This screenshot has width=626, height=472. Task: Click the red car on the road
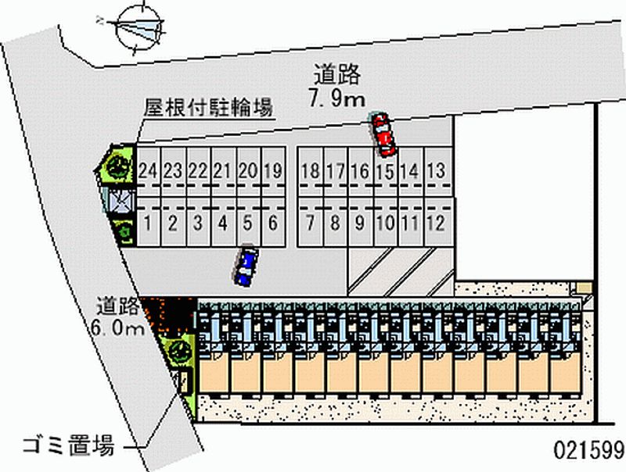click(383, 134)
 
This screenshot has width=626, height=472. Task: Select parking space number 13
click(437, 170)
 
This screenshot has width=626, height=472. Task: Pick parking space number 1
click(149, 223)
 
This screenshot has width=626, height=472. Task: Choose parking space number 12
click(437, 223)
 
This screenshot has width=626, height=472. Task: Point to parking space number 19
click(273, 170)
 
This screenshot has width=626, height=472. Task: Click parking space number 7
click(311, 223)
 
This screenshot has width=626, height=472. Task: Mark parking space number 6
click(273, 223)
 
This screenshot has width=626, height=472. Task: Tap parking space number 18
click(311, 170)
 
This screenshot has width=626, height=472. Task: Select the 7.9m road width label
click(337, 98)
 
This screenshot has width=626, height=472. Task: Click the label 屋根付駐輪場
click(208, 107)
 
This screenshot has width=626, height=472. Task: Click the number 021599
click(588, 452)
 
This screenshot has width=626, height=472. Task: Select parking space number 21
click(223, 170)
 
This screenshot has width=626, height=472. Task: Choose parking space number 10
click(385, 223)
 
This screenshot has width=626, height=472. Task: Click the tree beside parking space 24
click(118, 165)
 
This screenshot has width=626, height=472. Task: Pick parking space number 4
click(223, 223)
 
